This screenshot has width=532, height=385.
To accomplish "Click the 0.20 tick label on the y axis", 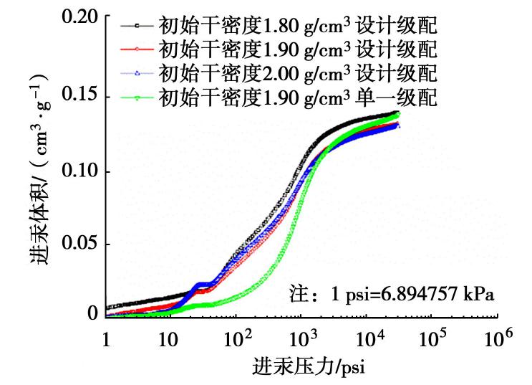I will tap(80, 17).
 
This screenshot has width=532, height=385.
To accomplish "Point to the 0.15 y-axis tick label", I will tap(80, 95).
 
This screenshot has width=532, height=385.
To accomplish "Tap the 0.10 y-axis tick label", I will tap(80, 172).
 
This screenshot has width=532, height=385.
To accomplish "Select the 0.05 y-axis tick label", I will tap(80, 244).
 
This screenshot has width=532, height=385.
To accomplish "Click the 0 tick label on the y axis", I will tap(92, 314).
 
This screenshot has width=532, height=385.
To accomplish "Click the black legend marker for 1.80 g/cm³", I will tap(137, 27).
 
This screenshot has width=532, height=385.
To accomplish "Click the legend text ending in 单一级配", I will tap(297, 97).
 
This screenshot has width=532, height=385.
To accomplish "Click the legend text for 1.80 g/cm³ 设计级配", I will tap(297, 27).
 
